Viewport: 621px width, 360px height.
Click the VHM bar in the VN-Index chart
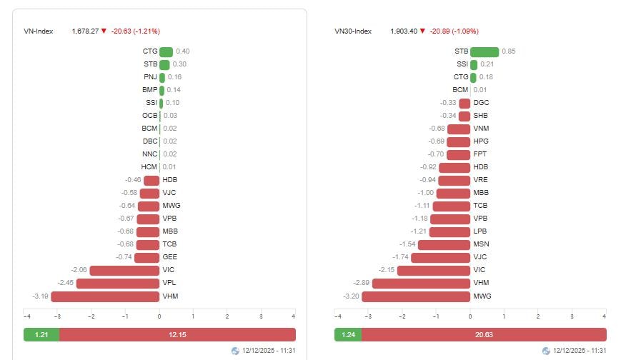point(105,296)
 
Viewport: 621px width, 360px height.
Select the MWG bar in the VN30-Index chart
point(416,296)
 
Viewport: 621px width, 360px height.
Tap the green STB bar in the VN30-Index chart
point(485,51)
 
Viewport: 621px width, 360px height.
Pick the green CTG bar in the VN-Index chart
point(166,51)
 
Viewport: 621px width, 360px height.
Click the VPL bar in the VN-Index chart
point(118,283)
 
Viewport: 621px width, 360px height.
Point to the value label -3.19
point(40,296)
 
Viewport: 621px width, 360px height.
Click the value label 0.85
point(509,51)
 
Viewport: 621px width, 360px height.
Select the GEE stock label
point(169,257)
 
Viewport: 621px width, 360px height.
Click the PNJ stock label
point(150,77)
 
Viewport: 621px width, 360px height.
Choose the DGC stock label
point(481,103)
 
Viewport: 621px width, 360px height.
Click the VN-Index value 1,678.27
point(85,31)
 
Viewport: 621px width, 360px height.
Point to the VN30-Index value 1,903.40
point(404,31)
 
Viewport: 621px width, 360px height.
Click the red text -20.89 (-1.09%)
point(454,31)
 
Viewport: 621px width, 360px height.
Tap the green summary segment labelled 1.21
point(41,335)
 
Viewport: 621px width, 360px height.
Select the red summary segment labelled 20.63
point(484,335)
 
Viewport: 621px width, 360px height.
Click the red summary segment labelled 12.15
point(177,335)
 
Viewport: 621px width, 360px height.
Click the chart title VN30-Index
point(353,31)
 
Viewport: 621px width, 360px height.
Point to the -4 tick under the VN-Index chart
point(26,316)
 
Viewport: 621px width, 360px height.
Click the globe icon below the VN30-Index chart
point(547,351)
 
